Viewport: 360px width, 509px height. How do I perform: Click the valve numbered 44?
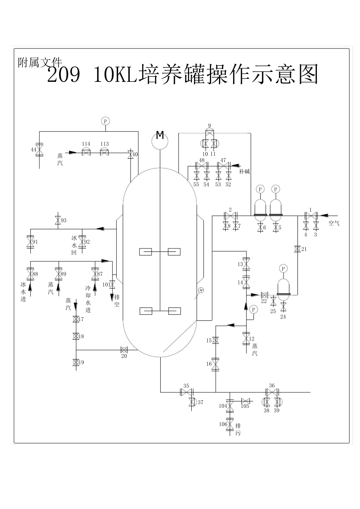40,149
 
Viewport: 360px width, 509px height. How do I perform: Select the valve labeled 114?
86,152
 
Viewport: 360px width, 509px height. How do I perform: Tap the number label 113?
105,144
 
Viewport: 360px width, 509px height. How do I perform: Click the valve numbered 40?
131,155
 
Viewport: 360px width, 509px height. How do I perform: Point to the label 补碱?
244,171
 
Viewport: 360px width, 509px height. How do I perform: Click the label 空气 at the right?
334,223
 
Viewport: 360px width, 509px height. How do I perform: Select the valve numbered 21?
297,249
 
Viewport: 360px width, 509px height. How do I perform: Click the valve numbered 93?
58,220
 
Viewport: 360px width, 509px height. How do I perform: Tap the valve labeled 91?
30,242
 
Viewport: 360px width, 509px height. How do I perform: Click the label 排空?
117,301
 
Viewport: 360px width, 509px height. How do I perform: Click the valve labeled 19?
76,362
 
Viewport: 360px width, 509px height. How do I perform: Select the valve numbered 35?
186,392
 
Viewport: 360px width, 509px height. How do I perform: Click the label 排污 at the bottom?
238,429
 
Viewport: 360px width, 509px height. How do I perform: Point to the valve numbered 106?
229,424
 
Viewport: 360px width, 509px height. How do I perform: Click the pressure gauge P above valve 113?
105,121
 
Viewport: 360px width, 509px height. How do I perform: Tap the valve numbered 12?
246,338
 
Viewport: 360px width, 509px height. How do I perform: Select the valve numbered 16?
215,364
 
